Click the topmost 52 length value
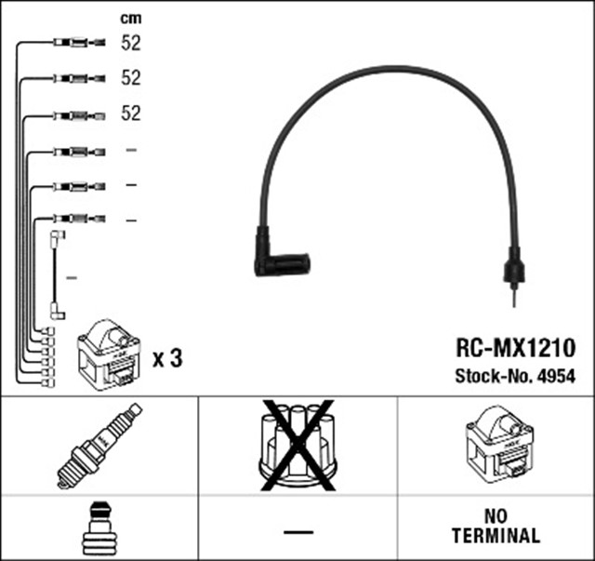click(x=130, y=42)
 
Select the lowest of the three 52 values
click(x=130, y=114)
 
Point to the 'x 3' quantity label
click(x=166, y=358)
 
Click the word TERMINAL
click(x=496, y=537)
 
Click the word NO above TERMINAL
click(x=496, y=517)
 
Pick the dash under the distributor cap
click(x=297, y=529)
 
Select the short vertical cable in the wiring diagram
click(x=57, y=277)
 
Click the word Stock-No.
click(x=490, y=377)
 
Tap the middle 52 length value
click(x=130, y=78)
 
